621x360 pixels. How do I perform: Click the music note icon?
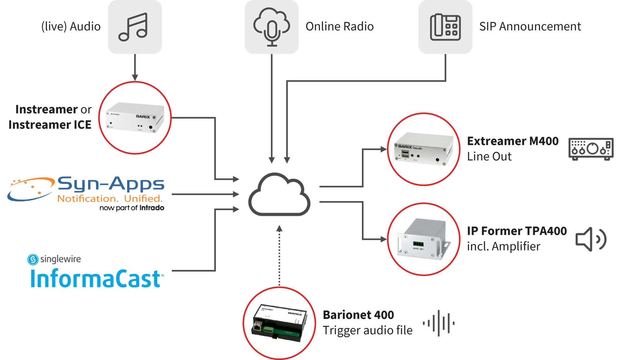point(133,27)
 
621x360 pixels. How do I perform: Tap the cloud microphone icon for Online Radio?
point(272,27)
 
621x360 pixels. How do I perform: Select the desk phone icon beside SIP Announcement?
point(445,27)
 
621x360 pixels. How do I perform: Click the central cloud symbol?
point(279,194)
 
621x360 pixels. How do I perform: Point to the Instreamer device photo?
point(135,118)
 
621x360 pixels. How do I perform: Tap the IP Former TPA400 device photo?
point(423,239)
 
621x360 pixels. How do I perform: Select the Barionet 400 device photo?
point(279,323)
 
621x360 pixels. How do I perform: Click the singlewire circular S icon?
point(33,259)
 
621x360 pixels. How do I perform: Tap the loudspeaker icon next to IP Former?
point(591,239)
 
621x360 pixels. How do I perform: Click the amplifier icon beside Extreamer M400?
point(591,149)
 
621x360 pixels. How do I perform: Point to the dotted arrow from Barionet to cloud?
point(279,256)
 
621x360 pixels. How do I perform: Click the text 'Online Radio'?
point(340,27)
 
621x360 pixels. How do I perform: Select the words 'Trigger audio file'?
point(368,331)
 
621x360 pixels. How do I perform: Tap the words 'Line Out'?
point(489,156)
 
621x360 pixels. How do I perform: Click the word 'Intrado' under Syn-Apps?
point(152,208)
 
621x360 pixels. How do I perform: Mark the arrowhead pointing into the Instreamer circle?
point(135,77)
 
